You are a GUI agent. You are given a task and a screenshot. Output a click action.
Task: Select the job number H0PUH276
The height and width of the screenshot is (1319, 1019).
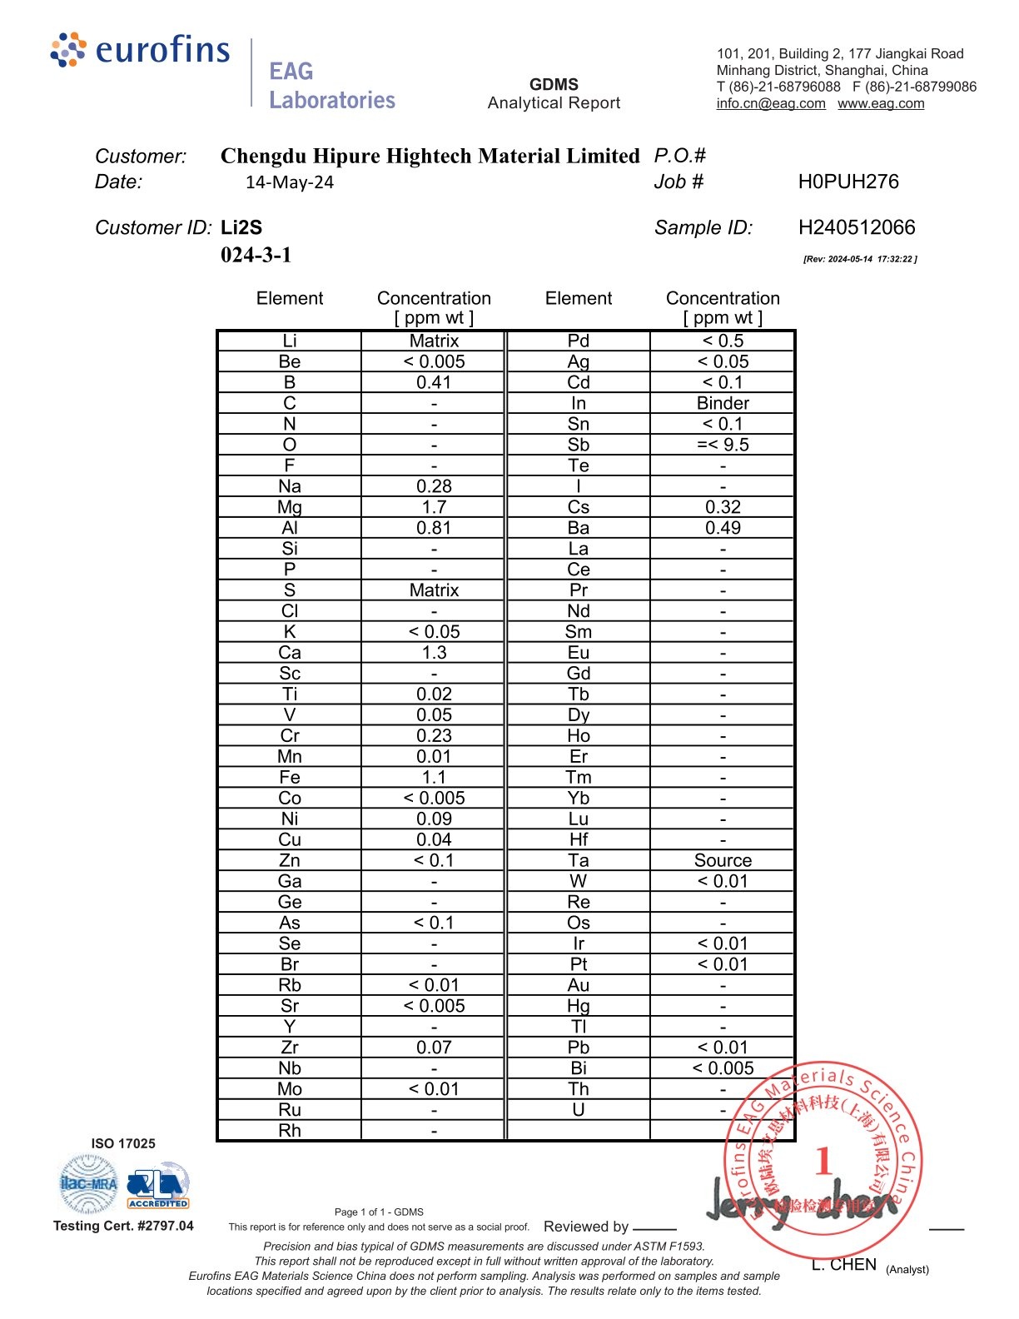pos(848,182)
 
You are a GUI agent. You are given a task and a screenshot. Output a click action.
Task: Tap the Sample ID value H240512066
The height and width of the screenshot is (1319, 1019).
pos(856,227)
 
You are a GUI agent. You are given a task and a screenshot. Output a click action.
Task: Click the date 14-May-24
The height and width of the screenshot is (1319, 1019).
pos(290,182)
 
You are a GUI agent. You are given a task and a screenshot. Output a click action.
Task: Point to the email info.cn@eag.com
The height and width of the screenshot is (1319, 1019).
pos(771,103)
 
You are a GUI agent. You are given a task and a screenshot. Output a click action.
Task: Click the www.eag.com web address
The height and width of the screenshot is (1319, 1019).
pos(881,103)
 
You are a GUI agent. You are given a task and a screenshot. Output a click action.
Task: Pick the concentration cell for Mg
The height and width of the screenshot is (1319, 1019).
pos(434,507)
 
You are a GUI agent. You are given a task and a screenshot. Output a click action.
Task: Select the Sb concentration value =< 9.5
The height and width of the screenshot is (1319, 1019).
pos(723,445)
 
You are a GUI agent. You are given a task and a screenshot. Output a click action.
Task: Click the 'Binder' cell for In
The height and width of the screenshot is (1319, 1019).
pos(723,403)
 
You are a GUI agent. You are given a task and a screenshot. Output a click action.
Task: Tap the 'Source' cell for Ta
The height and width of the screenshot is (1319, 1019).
pos(723,860)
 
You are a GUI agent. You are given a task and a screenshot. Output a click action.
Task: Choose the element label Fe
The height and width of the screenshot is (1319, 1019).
pos(290,777)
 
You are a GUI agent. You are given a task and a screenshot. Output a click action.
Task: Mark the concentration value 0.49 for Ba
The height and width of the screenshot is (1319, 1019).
pos(723,528)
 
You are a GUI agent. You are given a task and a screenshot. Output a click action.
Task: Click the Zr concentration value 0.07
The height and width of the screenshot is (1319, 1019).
pos(434,1048)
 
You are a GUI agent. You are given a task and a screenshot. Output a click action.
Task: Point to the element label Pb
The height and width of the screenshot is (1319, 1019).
pos(579,1048)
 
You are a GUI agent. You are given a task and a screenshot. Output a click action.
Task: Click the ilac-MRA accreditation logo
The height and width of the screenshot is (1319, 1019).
pos(88,1184)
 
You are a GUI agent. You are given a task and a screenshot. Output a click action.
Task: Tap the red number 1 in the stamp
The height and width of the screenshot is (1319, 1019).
pos(823,1161)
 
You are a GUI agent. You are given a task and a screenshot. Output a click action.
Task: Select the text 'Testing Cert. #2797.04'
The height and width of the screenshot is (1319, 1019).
pos(123,1226)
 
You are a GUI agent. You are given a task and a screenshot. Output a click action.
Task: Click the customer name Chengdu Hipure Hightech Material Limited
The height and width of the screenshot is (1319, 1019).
pos(430,156)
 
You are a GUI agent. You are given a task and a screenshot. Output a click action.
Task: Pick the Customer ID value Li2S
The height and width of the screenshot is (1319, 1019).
pos(241,227)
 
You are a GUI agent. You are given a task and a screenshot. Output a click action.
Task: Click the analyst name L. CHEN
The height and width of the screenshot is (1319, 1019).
pos(843,1265)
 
